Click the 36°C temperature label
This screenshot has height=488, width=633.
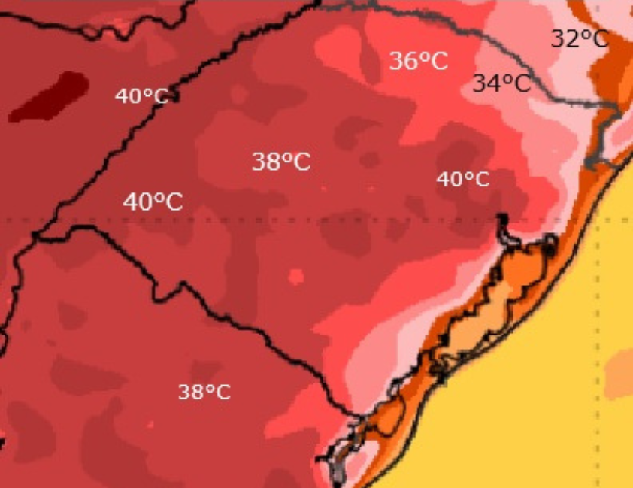coord(418,61)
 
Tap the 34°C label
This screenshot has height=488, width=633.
coord(501,83)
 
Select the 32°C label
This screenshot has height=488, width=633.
coord(579,38)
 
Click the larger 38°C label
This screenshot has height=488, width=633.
coord(280,161)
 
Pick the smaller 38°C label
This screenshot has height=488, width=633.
coord(204,392)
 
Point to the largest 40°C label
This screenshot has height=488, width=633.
coord(153,202)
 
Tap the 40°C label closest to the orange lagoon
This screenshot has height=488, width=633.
coord(462,179)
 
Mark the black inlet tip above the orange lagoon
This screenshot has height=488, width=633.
coord(501,219)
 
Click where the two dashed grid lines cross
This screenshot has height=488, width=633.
coord(599,220)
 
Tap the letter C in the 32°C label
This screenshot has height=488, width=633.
coord(599,38)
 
